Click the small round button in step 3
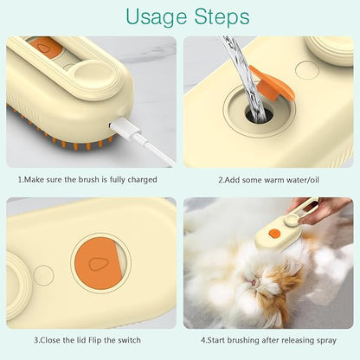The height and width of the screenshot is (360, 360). [x=42, y=275]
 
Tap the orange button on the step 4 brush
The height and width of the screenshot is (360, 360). [x=274, y=234]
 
